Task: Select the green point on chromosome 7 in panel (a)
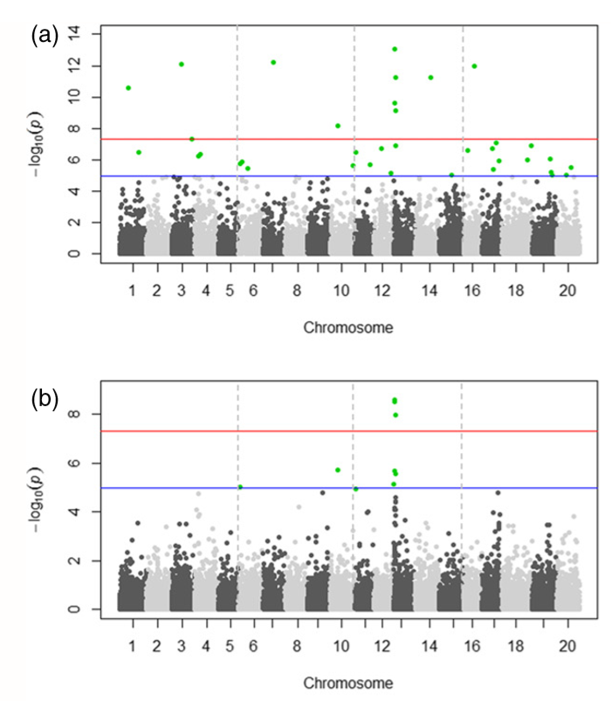(273, 62)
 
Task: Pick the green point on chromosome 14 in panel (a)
(430, 78)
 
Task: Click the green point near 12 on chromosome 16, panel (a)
(474, 65)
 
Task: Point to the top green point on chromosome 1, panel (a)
(128, 87)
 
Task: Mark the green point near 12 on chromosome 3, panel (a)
(181, 64)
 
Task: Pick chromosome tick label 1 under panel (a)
(132, 289)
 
